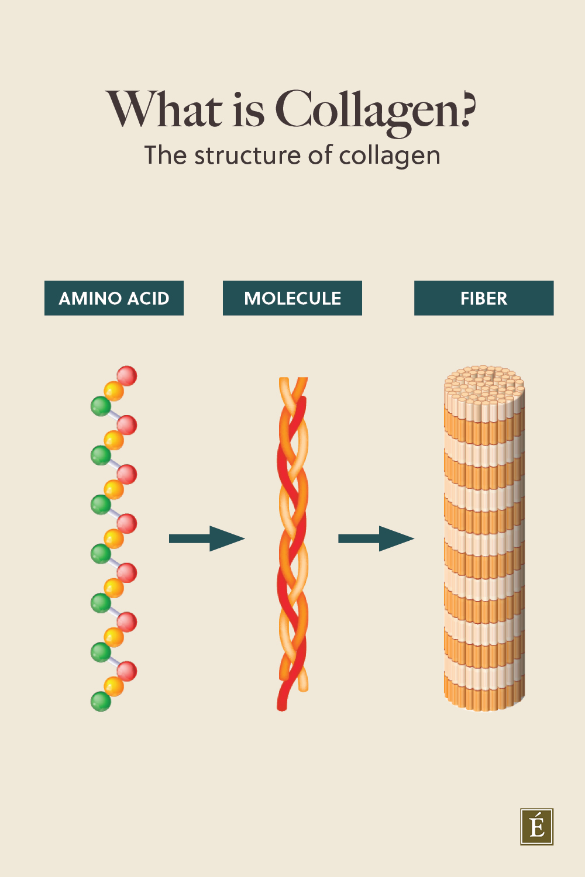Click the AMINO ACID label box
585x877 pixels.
coord(114,298)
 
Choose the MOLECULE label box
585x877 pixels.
coord(292,298)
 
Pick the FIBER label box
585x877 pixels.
coord(484,298)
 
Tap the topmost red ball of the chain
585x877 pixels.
coord(127,376)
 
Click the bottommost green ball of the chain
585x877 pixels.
coord(101,701)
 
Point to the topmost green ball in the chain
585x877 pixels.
coord(101,405)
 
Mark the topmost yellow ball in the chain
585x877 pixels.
coord(114,391)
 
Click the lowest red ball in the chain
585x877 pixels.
coord(127,671)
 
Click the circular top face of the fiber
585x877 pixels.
coord(484,383)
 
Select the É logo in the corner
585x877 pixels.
coord(536,827)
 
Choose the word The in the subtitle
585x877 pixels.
coord(166,156)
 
